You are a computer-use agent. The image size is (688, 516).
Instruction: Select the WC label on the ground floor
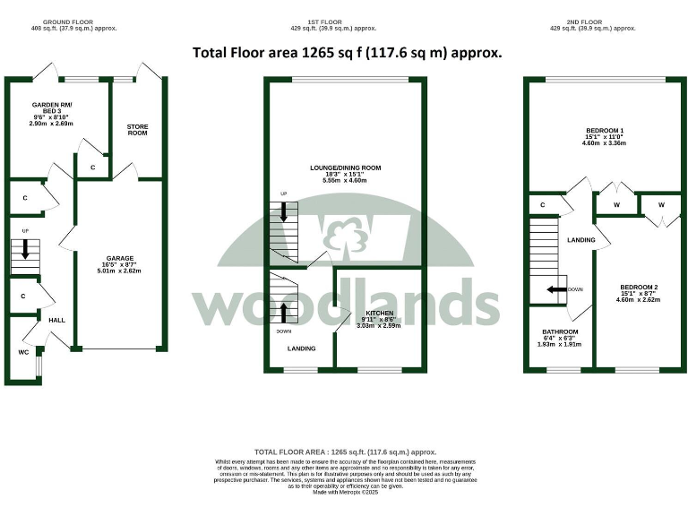point(23,352)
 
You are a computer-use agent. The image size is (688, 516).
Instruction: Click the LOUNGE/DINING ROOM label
point(346,168)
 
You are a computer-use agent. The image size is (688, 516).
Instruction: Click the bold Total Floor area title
point(347,52)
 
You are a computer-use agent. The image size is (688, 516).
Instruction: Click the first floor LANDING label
point(301,348)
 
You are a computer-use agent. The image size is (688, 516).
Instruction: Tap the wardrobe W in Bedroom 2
point(660,205)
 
